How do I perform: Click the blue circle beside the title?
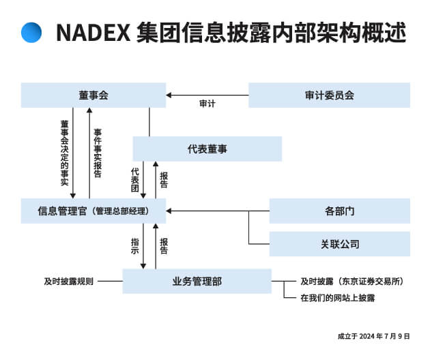click(31, 32)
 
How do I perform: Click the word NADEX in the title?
click(93, 33)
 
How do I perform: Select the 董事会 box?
click(94, 95)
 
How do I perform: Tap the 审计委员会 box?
click(330, 95)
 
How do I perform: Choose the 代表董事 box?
click(207, 149)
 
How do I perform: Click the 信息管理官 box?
click(94, 211)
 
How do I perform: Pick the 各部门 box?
click(340, 211)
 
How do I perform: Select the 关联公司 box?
click(340, 244)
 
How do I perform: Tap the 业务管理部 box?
click(197, 281)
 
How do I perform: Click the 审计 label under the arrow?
click(207, 104)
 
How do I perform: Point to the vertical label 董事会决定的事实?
click(65, 153)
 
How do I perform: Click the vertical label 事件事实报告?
click(98, 153)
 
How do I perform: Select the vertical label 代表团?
click(135, 180)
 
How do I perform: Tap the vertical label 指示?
click(135, 246)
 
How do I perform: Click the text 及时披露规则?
click(69, 282)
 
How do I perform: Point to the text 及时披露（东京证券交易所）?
click(352, 282)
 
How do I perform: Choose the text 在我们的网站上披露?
click(338, 298)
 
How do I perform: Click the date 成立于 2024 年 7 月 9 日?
click(374, 336)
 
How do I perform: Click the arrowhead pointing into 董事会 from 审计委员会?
click(169, 95)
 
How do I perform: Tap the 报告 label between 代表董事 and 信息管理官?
click(164, 180)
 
